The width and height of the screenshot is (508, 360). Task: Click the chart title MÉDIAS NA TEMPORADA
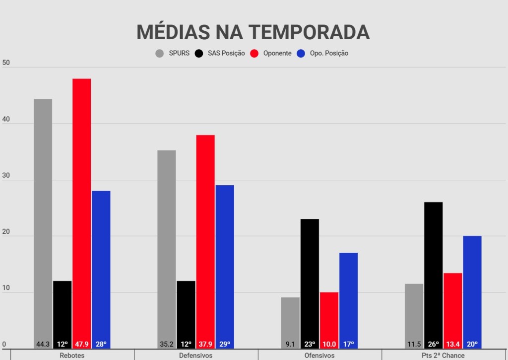click(253, 32)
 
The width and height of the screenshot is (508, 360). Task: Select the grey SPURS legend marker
click(160, 53)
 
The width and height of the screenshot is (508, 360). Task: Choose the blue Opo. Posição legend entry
click(329, 53)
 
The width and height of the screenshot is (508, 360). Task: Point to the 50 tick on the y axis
click(6, 63)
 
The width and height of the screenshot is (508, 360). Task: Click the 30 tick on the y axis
click(6, 176)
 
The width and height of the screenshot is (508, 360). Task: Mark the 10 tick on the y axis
click(6, 288)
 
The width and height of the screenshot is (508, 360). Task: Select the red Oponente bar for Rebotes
click(81, 209)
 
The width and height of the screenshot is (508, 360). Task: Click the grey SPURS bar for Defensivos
click(166, 243)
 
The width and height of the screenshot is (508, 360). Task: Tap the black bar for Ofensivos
click(310, 278)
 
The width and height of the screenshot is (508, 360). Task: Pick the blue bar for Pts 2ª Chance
click(472, 288)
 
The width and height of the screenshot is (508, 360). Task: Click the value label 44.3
click(43, 344)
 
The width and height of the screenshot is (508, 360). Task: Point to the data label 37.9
click(205, 344)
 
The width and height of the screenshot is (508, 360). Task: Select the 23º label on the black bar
click(310, 344)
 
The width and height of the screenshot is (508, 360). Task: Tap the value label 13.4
click(452, 344)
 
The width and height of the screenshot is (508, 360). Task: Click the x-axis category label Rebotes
click(72, 356)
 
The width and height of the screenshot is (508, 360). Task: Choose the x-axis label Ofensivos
click(319, 356)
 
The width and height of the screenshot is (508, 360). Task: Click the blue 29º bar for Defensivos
click(225, 263)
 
